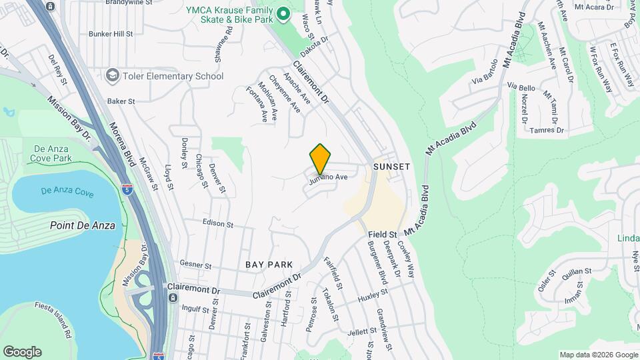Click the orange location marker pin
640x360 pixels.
(321, 159)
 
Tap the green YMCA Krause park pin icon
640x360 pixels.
(283, 13)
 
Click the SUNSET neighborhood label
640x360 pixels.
(391, 165)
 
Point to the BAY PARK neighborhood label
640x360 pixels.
(269, 265)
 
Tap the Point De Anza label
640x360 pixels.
(83, 225)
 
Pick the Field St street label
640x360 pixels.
(383, 235)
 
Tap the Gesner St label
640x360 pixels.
(195, 265)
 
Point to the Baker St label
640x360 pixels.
(121, 101)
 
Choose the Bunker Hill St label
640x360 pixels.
(111, 33)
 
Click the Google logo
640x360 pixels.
(22, 352)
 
